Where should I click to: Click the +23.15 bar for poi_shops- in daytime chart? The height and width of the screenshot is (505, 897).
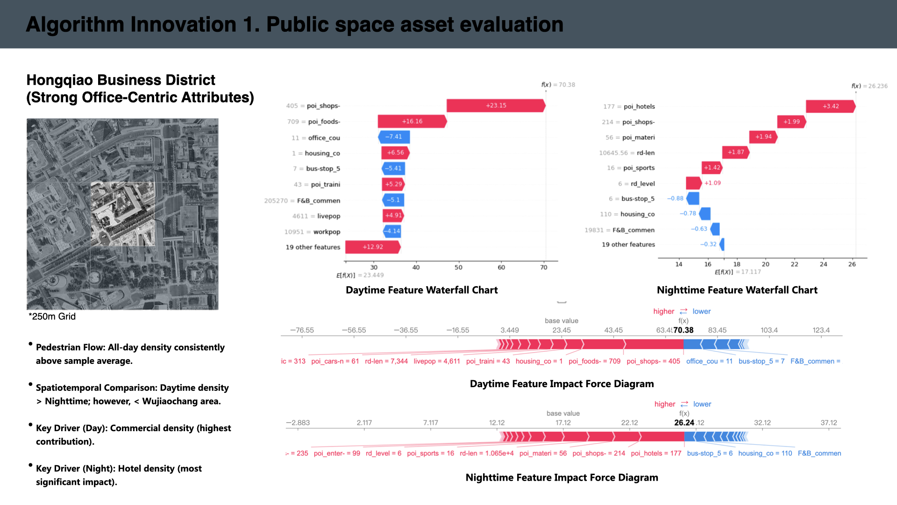[x=496, y=106]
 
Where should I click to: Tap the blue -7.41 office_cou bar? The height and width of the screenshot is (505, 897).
[x=394, y=137]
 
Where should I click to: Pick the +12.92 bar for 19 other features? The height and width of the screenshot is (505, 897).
[x=373, y=247]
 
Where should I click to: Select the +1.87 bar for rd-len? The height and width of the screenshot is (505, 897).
[x=736, y=152]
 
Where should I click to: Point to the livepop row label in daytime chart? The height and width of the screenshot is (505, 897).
[x=328, y=216]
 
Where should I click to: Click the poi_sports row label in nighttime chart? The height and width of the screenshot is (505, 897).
[x=639, y=168]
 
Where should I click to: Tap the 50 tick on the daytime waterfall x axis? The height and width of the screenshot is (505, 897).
[x=458, y=267]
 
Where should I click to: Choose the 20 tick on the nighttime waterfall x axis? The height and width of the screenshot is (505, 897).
[x=765, y=264]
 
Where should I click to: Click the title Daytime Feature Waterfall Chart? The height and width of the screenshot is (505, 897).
[x=421, y=290]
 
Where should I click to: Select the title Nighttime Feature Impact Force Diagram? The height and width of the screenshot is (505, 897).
[x=562, y=477]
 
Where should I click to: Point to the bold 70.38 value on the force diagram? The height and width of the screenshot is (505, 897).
[x=683, y=330]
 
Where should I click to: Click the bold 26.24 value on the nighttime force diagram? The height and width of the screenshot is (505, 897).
[x=684, y=423]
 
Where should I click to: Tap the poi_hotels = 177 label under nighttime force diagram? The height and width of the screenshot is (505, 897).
[x=656, y=453]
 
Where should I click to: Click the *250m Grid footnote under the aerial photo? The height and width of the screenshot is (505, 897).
[x=52, y=317]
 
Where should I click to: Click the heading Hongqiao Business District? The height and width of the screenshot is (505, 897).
[x=121, y=80]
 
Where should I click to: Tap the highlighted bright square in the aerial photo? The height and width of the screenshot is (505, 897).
[x=122, y=214]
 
